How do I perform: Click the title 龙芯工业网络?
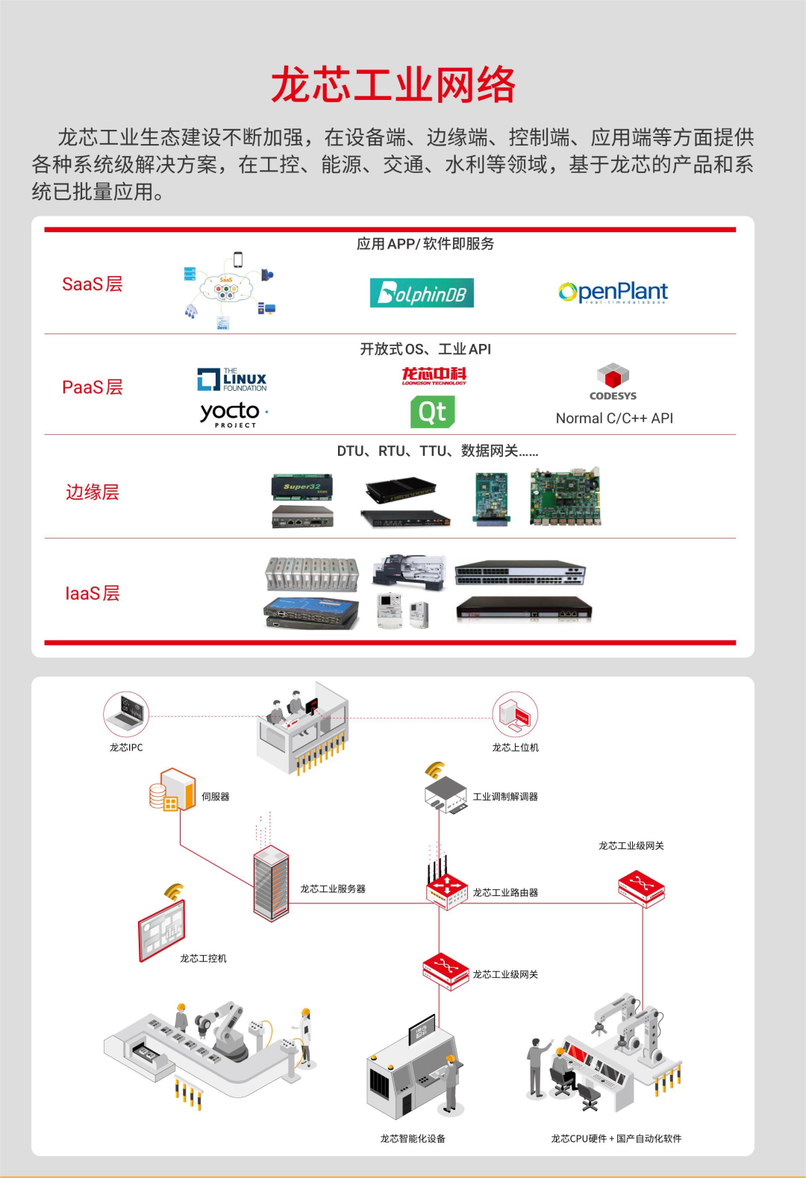(x=393, y=84)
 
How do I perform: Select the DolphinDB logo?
(x=422, y=293)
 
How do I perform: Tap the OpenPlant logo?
(x=613, y=292)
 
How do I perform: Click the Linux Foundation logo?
(x=232, y=380)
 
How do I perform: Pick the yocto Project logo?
(x=232, y=414)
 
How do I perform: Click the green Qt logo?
(x=432, y=412)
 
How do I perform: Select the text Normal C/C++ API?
(x=614, y=419)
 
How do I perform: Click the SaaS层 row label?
(x=92, y=284)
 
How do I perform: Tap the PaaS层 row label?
(x=92, y=387)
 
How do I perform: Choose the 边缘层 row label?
(x=92, y=492)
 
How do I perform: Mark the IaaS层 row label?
(x=92, y=594)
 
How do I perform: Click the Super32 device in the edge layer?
(x=302, y=486)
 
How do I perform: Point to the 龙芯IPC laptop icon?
(x=126, y=714)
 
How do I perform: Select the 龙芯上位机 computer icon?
(x=515, y=714)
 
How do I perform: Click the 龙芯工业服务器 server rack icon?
(x=271, y=883)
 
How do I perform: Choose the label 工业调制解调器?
(x=505, y=797)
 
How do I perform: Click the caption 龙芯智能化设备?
(x=413, y=1138)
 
